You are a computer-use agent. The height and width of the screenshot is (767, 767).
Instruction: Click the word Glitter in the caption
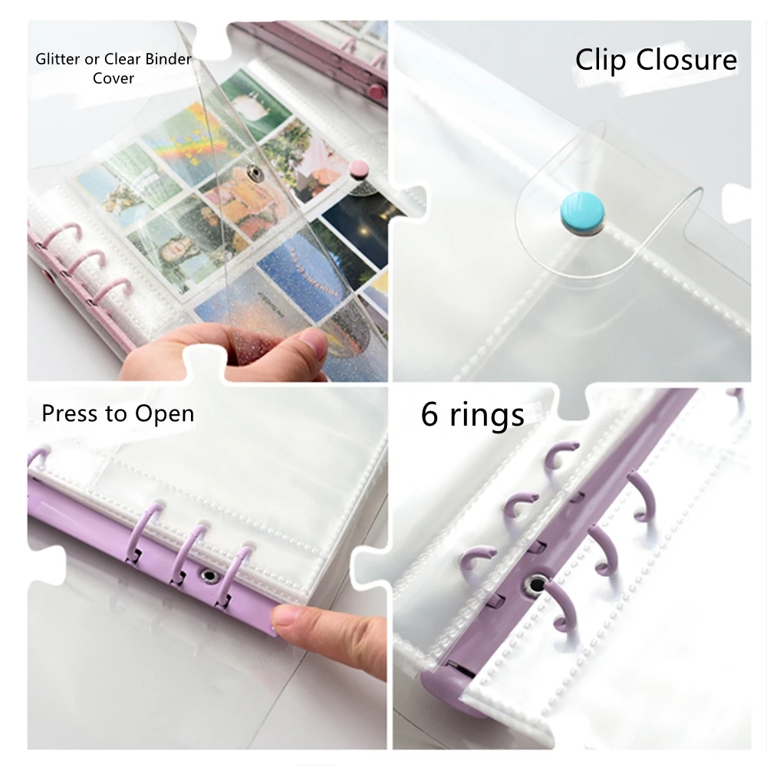point(53,59)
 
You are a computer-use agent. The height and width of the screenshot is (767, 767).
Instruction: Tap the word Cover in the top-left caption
point(114,78)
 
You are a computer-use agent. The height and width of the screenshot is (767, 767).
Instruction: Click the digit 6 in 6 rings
point(430,414)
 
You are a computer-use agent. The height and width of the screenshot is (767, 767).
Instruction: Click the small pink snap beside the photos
point(357,167)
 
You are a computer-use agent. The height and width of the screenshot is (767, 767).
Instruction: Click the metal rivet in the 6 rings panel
point(535,585)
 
